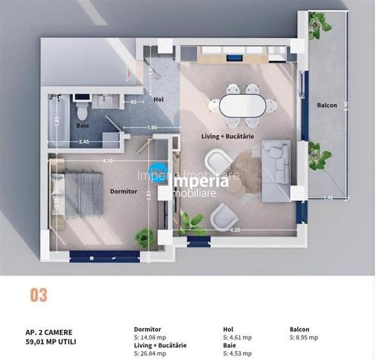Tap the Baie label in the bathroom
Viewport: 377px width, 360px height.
point(82,126)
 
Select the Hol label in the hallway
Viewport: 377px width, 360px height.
point(158,99)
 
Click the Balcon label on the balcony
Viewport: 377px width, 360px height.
point(327,105)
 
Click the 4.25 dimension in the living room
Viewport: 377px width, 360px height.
point(235,230)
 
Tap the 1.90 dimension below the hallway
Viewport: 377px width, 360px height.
point(151,128)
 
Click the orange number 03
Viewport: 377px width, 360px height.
point(38,295)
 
